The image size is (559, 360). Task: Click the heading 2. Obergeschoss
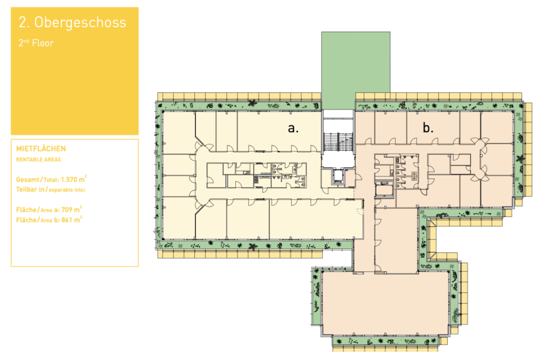coord(73,23)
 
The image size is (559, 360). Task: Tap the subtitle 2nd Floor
coord(36,43)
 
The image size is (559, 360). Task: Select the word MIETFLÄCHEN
coord(41,149)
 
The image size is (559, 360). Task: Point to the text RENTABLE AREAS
coord(39,160)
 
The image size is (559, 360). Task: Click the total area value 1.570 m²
coord(74,179)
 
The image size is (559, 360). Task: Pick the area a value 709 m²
coord(72,209)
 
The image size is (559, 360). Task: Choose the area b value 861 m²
coord(72,220)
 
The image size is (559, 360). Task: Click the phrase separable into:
coord(67,190)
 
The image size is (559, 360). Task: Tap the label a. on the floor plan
coord(293,128)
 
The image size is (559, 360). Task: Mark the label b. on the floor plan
coord(428,127)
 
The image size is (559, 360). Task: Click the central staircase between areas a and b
coord(338,143)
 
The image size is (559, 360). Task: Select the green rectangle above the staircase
coord(356,70)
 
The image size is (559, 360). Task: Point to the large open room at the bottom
coord(385,303)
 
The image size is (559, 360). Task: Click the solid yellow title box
coord(74,71)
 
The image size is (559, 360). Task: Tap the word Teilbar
coord(26,189)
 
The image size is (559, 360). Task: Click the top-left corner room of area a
coord(179,133)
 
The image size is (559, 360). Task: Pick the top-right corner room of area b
coord(497,127)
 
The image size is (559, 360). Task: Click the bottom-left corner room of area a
coord(179,217)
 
